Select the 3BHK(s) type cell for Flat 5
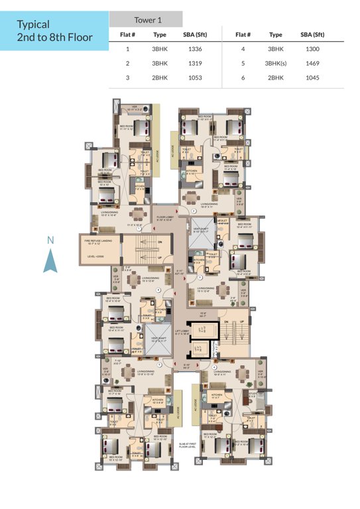coord(274,64)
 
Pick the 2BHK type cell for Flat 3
coord(159,78)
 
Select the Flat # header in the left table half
coord(127,34)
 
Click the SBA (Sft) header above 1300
coord(312,34)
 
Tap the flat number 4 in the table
coord(243,49)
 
